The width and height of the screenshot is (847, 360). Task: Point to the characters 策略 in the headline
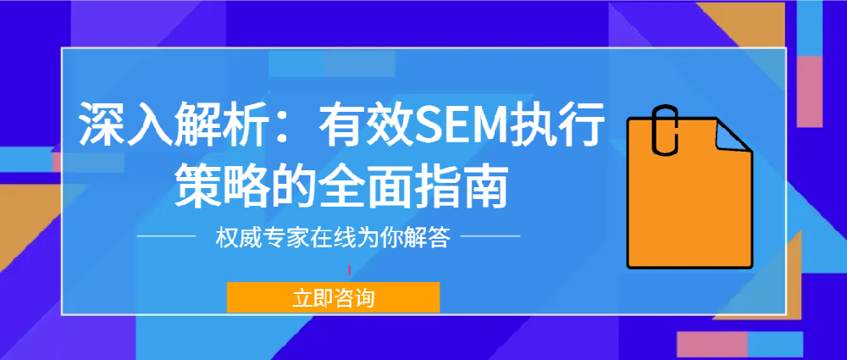tap(210, 187)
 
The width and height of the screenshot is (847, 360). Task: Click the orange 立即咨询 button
tap(333, 297)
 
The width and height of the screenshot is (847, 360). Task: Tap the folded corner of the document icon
tap(733, 136)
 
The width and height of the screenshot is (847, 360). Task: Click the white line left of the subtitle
tap(166, 235)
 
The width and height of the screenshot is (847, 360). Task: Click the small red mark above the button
tap(349, 270)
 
